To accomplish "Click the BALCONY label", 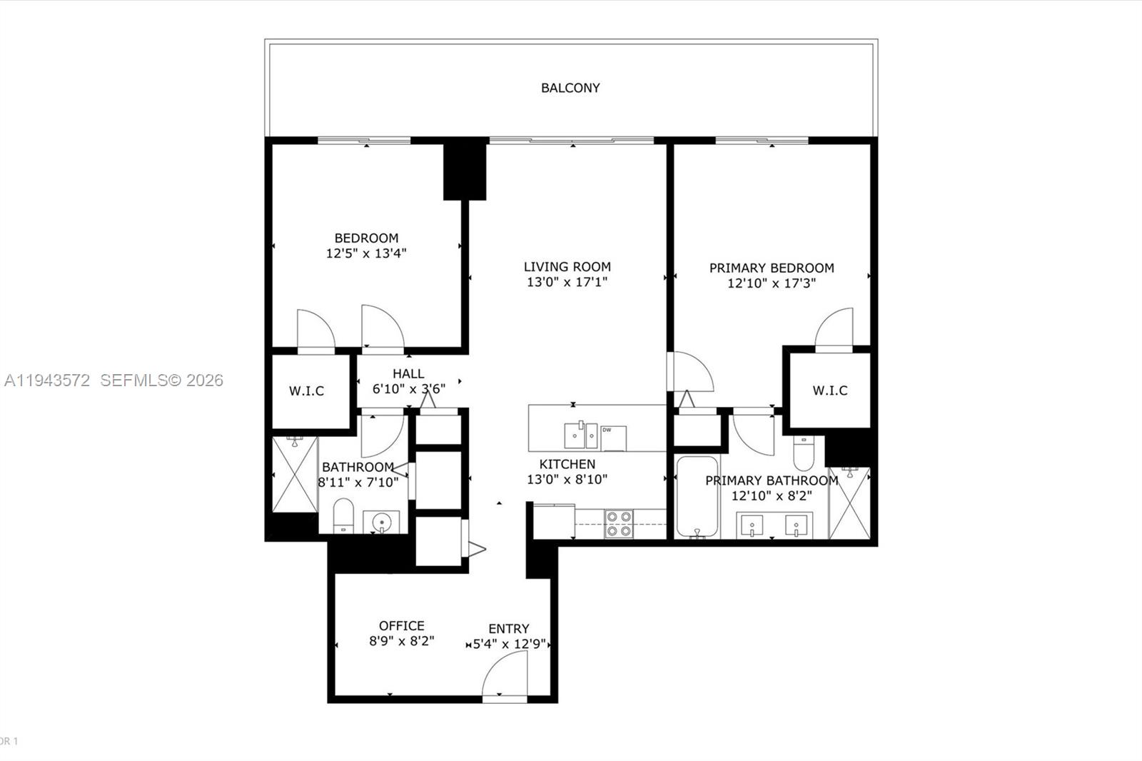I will coord(570,88).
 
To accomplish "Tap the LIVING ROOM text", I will coord(567,266).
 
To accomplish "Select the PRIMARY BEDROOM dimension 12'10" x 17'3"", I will coord(772,283).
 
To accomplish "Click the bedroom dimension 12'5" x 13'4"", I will coord(366,253).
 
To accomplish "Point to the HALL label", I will coord(408,373).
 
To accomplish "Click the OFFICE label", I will coord(402,626).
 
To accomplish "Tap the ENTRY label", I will coord(509,629).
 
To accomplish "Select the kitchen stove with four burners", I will coord(619,523).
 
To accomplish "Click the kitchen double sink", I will coord(581,434).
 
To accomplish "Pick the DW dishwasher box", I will coord(613,438).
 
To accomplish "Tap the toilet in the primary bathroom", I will coord(803,453).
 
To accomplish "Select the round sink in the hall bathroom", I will coord(382,522).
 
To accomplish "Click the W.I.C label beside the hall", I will coord(307,390).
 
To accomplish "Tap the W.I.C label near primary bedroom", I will coord(830,390).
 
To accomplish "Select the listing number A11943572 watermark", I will coord(47,380).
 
